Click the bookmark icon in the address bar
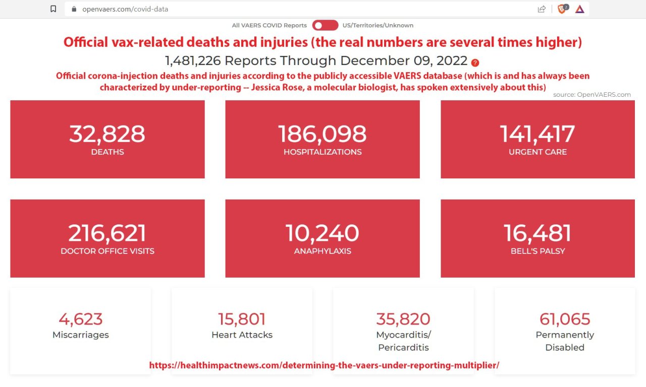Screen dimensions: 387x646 [53, 9]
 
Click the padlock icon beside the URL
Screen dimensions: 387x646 [74, 9]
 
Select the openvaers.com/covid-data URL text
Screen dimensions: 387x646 [125, 9]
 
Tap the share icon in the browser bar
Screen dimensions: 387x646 [542, 9]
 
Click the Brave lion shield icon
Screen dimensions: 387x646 [562, 9]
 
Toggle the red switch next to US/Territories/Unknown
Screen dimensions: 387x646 [325, 25]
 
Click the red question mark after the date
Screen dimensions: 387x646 [475, 62]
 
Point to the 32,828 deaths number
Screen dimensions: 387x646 [107, 134]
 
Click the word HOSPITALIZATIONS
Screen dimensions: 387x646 [322, 152]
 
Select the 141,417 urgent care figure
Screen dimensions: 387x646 [537, 134]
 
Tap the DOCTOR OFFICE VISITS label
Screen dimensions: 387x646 [107, 251]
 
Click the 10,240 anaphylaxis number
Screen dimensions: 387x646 [322, 233]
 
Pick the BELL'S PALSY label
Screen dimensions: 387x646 [537, 251]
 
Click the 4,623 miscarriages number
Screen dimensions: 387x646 [81, 319]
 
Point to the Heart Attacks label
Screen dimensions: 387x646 [242, 335]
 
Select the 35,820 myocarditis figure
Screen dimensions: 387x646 [403, 319]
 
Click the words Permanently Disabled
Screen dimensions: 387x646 [565, 341]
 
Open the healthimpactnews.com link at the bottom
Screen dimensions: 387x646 [324, 365]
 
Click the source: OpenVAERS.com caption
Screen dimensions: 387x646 [591, 94]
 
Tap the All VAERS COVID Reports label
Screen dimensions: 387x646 [269, 25]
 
